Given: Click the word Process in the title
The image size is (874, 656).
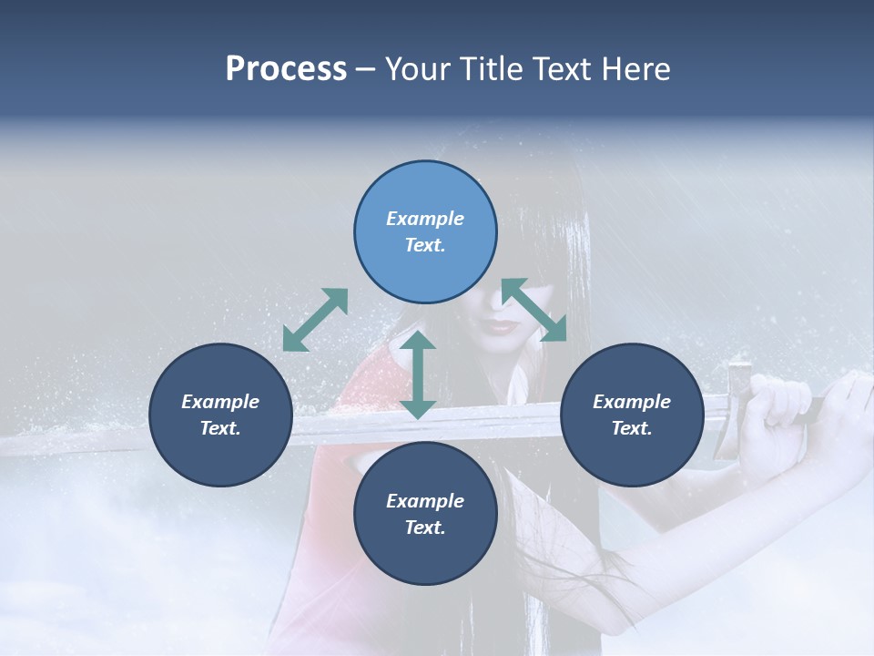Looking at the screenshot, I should point(286,69).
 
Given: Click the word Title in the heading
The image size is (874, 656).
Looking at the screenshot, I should point(492,69).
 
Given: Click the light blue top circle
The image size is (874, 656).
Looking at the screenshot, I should point(425,231).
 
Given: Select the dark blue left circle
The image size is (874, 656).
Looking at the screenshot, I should point(220,415).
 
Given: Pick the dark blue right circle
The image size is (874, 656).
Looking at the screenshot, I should point(632,415).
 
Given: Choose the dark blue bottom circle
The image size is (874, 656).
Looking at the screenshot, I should point(425,514).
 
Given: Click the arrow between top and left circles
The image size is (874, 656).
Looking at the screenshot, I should point(315,320).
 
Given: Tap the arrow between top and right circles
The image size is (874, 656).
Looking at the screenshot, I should point(534,310).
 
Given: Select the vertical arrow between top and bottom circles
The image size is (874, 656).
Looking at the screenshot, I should point(418,374).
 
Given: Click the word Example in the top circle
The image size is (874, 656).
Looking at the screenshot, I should point(425,219).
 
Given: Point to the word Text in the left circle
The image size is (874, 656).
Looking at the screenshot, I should point(220,428).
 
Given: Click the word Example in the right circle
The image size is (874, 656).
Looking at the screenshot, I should point(632,402).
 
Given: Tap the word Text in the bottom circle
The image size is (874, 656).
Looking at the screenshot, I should point(425,528).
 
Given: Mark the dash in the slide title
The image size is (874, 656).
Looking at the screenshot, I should point(365,69).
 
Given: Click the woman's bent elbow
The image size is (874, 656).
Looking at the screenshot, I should point(628,620).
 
